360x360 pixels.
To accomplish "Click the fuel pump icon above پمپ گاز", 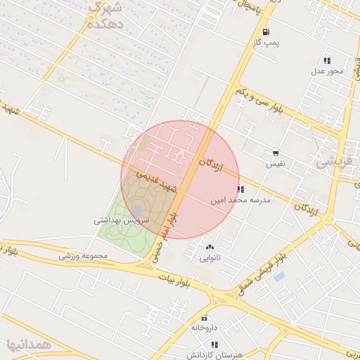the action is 265,32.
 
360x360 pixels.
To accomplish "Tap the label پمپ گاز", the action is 266,43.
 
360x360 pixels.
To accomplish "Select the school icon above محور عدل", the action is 327,60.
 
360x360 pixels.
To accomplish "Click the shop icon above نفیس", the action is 276,153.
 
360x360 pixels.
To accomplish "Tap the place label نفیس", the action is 275,164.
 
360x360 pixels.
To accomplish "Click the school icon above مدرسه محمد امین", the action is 240,189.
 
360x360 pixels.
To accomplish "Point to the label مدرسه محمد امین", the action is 240,200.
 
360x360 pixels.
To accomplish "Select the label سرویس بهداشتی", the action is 122,219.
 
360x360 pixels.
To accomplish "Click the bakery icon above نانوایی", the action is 210,247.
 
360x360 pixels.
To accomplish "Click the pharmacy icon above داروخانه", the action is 205,317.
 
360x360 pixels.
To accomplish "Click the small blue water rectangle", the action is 279,276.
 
